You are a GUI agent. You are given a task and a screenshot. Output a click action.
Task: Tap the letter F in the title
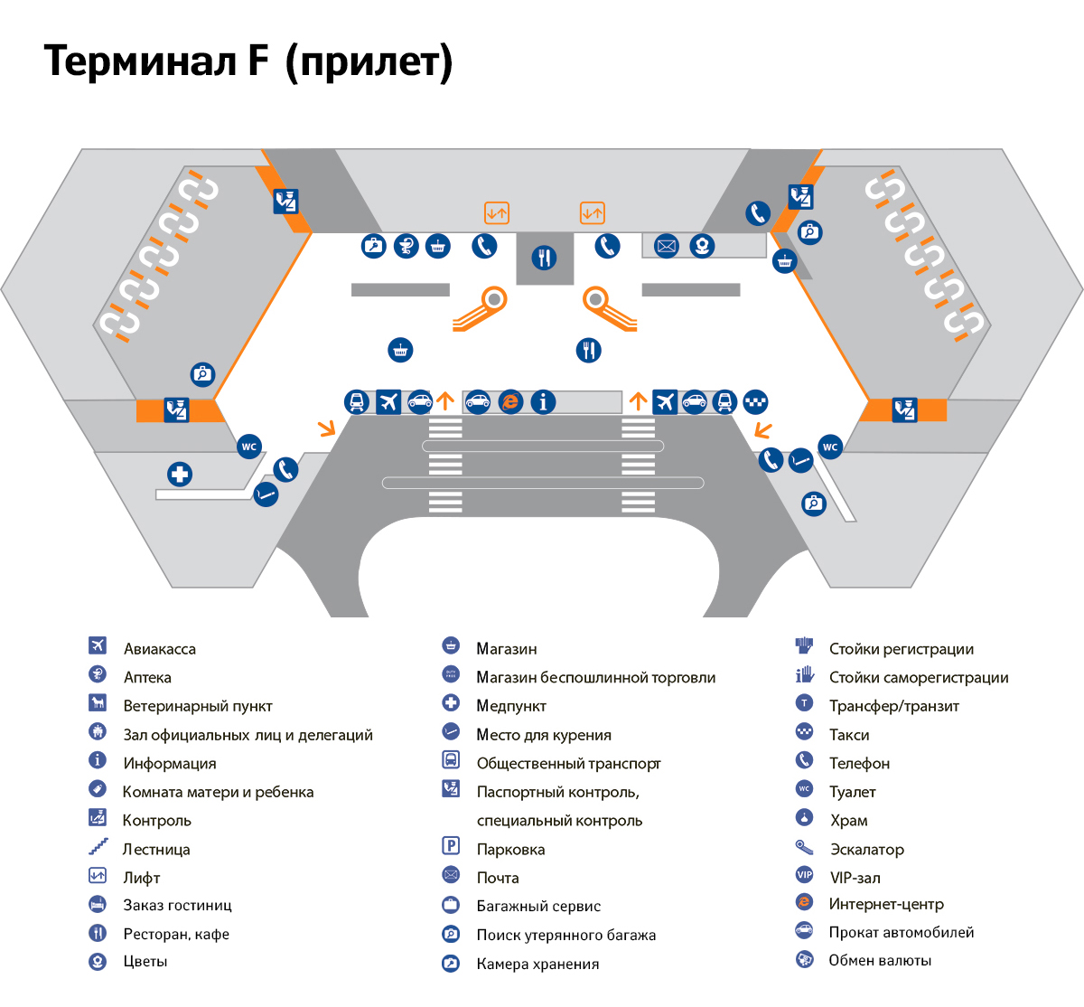[x=257, y=61]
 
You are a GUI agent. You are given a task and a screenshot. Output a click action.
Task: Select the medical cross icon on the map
[x=180, y=474]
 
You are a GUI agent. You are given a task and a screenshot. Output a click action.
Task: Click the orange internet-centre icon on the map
[x=510, y=401]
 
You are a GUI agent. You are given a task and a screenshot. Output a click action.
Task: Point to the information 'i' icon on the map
[x=543, y=401]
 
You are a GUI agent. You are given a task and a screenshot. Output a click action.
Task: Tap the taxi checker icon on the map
[x=755, y=401]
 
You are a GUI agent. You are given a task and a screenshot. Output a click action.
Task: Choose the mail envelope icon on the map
[x=666, y=245]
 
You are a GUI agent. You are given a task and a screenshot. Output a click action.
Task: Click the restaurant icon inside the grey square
[x=544, y=258]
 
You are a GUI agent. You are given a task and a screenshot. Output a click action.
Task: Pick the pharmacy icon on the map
[x=406, y=245]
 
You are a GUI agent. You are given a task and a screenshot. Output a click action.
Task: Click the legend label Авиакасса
[x=159, y=649]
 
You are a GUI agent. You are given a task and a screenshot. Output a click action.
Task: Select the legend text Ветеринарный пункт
[x=197, y=706]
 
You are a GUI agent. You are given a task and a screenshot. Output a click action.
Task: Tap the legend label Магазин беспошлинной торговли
[x=595, y=678]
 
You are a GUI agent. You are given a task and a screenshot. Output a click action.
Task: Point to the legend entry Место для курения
[x=543, y=735]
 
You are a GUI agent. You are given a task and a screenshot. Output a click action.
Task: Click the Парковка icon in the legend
[x=451, y=846]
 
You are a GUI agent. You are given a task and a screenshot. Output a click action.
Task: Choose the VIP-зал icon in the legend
[x=804, y=874]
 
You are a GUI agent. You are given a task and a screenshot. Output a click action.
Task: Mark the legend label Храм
[x=848, y=821]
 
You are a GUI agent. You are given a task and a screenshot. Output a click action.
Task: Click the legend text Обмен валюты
[x=880, y=960]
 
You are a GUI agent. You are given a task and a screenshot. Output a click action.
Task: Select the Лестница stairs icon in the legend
[x=98, y=847]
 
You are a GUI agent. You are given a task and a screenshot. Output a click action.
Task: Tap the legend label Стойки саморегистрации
[x=918, y=678]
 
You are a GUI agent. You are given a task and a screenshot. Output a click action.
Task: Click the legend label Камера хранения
[x=537, y=964]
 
